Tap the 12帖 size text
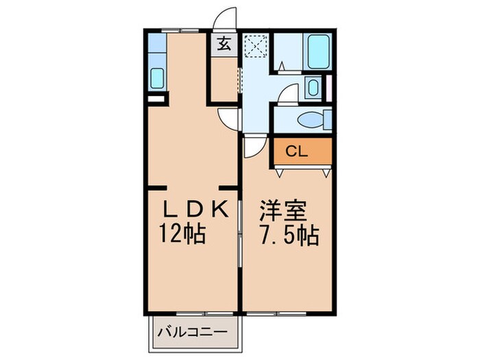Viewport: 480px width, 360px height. [x=182, y=235]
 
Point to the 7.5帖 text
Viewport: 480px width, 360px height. [x=288, y=235]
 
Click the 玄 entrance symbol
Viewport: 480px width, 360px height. [x=224, y=46]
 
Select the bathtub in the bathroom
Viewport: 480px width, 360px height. [x=320, y=51]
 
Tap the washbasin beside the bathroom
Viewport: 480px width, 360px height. [x=313, y=88]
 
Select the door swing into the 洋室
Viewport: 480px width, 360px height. [x=253, y=146]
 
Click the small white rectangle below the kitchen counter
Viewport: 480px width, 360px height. [x=157, y=98]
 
